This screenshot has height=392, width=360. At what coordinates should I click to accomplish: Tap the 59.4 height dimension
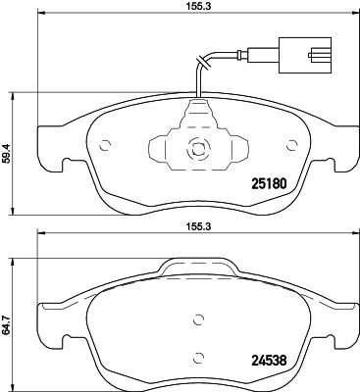pyautogui.click(x=7, y=153)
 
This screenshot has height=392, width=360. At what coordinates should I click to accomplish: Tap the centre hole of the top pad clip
pyautogui.click(x=197, y=151)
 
